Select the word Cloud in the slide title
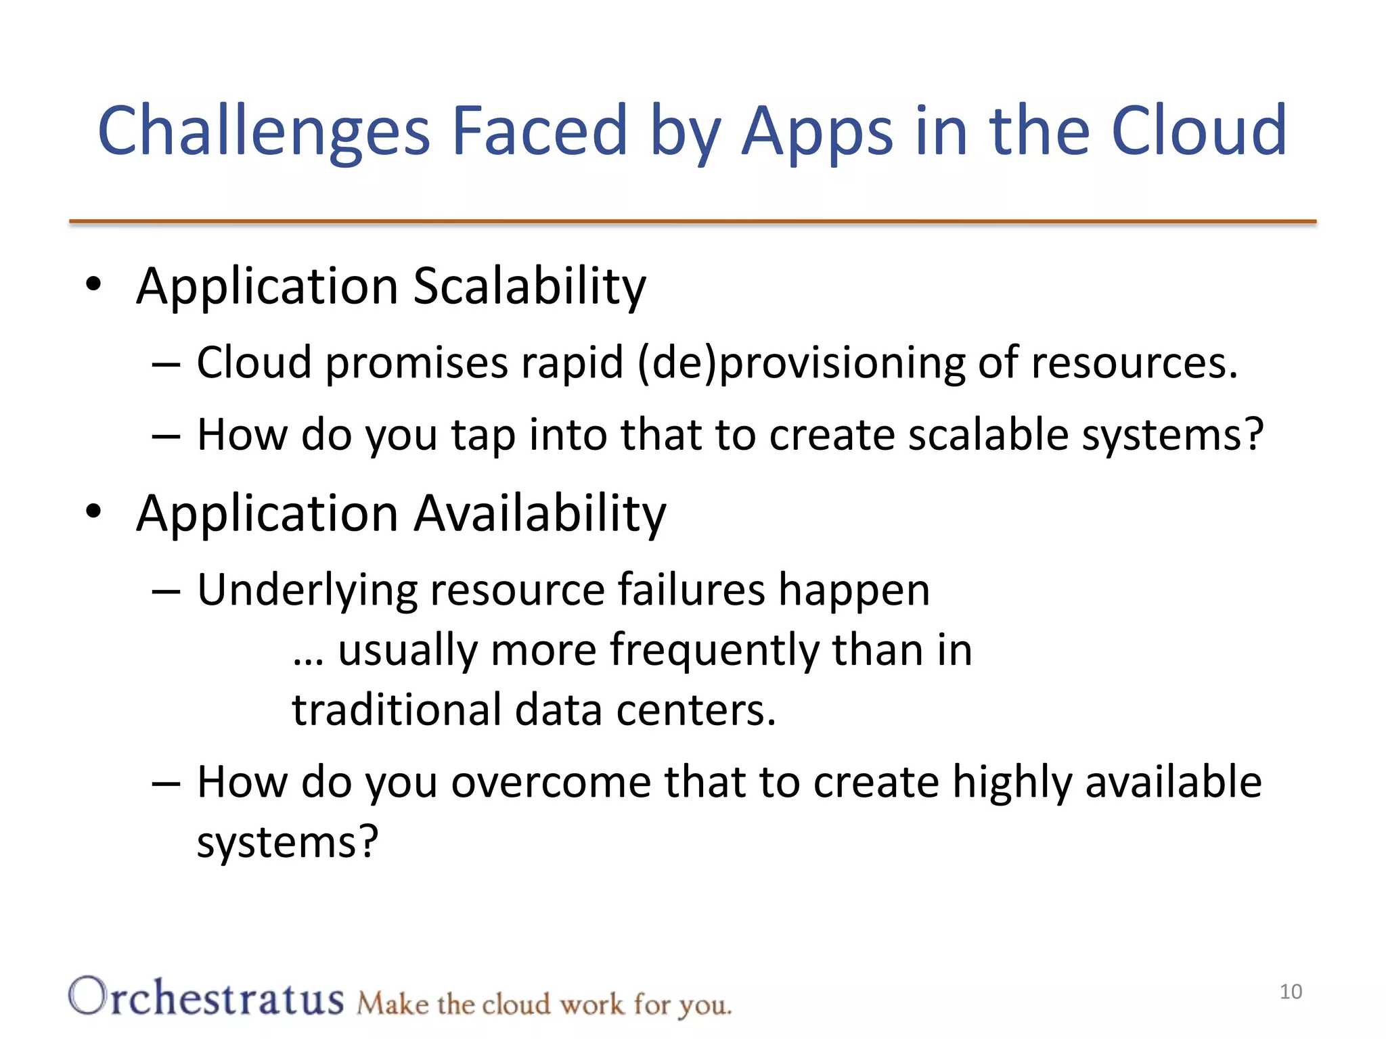(1199, 130)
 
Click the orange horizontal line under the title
(692, 221)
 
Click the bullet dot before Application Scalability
(93, 284)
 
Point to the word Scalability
(529, 287)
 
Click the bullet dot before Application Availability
(93, 511)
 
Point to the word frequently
(714, 651)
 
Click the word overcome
(551, 782)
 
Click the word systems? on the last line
(287, 843)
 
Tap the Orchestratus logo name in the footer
(206, 998)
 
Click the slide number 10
(1291, 992)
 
